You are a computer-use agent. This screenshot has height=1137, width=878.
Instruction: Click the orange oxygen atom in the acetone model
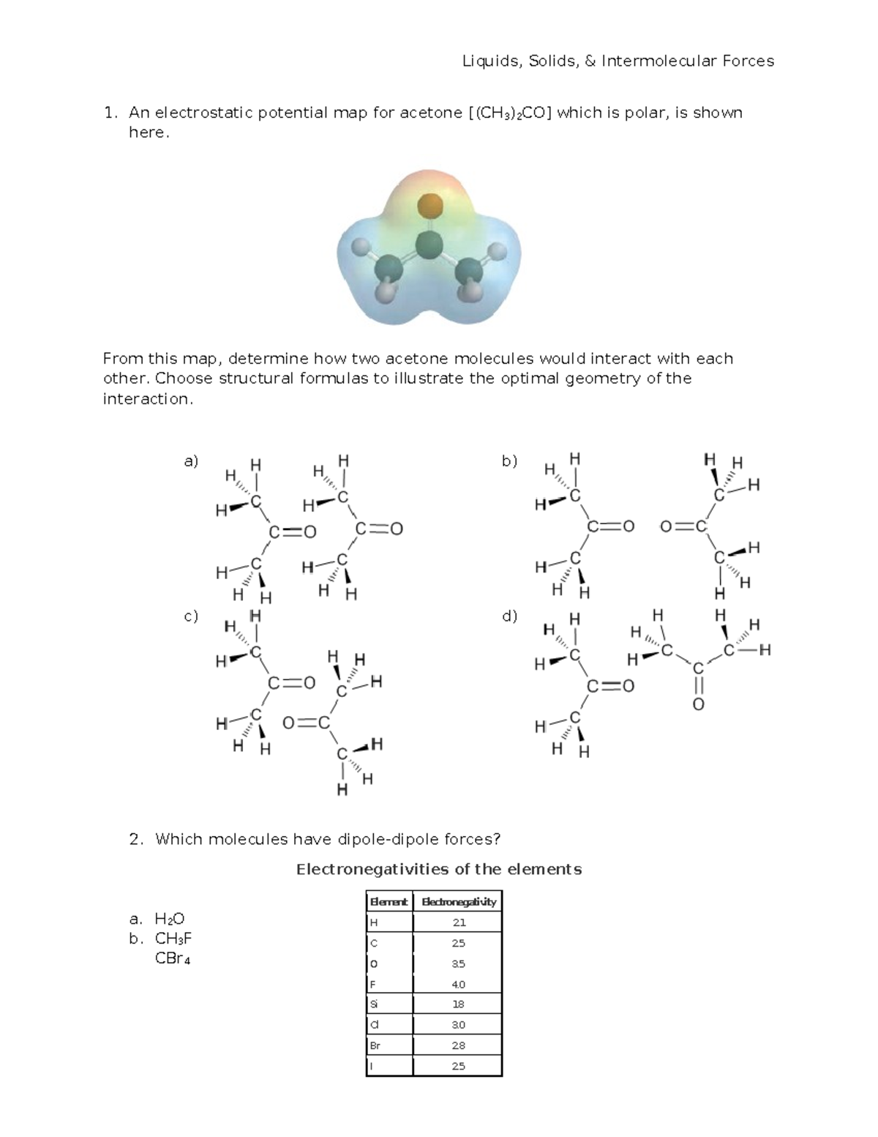pos(430,205)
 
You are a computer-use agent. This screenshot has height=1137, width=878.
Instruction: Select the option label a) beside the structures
pos(191,461)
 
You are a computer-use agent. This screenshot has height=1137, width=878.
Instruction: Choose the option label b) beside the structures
pos(509,461)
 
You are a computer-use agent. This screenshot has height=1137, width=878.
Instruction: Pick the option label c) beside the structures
pos(191,616)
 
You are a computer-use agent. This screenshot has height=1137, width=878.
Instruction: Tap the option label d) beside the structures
pos(509,616)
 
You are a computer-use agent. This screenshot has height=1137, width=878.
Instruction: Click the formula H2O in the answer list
pos(170,919)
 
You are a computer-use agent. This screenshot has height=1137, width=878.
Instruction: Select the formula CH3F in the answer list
pos(173,939)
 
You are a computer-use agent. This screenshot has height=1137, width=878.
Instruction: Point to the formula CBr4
pos(173,958)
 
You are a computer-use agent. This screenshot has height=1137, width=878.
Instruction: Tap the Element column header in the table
pos(389,901)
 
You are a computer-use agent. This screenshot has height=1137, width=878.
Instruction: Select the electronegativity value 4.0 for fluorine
pos(459,984)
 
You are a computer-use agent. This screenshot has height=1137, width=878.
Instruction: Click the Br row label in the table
pos(375,1045)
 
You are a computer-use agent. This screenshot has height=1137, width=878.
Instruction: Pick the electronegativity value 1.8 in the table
pos(459,1004)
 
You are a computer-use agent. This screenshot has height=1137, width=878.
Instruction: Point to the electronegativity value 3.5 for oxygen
pos(459,963)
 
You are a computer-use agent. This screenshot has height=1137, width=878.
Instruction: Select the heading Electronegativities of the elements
pos(439,870)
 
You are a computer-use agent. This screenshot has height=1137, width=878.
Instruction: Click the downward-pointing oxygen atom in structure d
pos(698,704)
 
